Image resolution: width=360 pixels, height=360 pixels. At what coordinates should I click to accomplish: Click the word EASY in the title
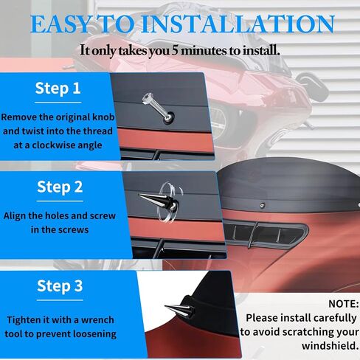tap(60, 24)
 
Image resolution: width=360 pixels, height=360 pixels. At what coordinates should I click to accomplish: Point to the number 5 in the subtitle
tap(175, 50)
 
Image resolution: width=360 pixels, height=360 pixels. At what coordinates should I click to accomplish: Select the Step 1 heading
tap(58, 88)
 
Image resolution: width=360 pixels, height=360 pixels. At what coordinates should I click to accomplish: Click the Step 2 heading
tap(60, 187)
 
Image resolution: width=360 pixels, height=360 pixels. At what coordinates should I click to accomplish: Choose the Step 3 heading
tap(60, 285)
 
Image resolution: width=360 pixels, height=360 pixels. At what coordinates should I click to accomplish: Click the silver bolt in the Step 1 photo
tap(158, 108)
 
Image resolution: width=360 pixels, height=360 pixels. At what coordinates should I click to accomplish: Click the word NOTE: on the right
tap(344, 304)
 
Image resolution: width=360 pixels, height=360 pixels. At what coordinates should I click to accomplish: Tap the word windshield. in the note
tap(330, 346)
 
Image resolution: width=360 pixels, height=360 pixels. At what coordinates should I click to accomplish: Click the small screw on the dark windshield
tap(263, 205)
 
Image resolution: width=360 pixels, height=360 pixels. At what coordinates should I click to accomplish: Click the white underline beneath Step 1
tap(58, 102)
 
